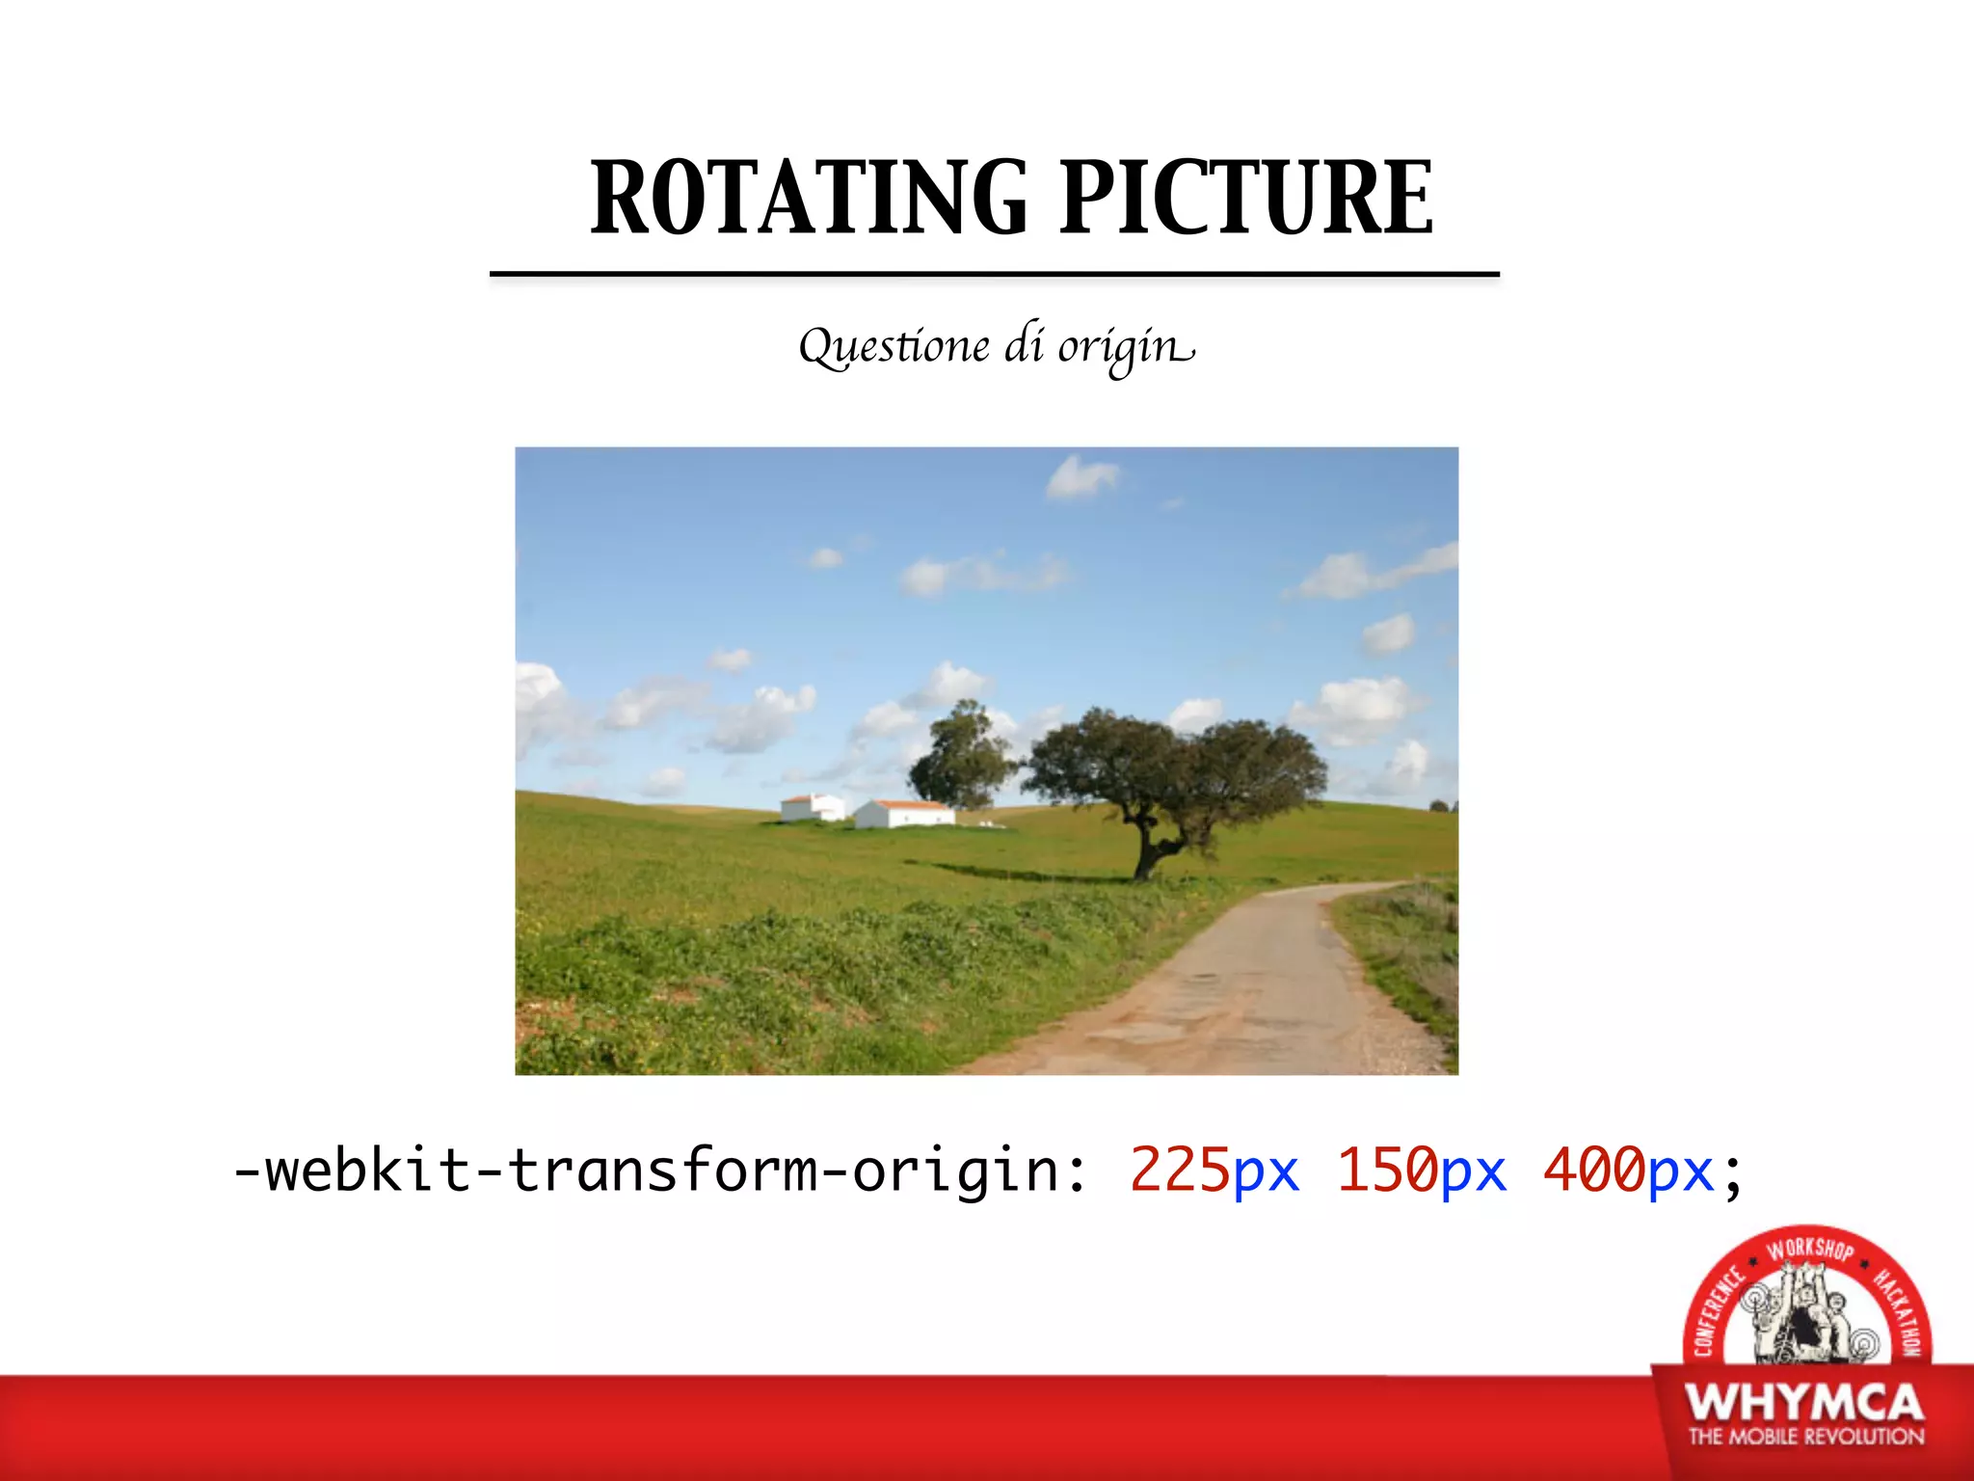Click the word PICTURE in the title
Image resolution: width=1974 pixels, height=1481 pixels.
(x=1246, y=199)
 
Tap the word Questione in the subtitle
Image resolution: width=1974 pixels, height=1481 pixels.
(x=894, y=347)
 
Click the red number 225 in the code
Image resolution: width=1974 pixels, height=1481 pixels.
(x=1180, y=1171)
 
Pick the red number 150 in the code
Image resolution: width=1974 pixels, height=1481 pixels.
(x=1387, y=1171)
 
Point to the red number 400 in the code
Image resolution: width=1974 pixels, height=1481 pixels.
(x=1594, y=1171)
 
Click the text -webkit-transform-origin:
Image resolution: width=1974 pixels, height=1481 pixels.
(x=660, y=1171)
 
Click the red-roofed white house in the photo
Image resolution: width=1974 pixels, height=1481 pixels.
(x=904, y=814)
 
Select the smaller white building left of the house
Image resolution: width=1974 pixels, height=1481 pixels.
(x=813, y=808)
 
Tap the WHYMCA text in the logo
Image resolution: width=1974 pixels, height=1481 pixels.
(x=1803, y=1403)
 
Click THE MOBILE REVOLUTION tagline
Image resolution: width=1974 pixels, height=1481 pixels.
(x=1805, y=1437)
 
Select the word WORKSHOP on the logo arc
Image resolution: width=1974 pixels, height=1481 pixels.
(x=1809, y=1250)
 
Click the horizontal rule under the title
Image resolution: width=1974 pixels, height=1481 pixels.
(x=994, y=275)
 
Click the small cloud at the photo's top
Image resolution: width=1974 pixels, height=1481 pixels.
(x=1081, y=477)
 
